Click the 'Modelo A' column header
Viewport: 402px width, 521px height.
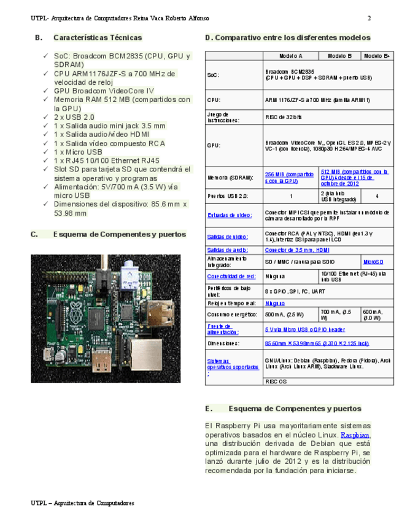pyautogui.click(x=290, y=56)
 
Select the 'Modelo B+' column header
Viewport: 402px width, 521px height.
pyautogui.click(x=377, y=56)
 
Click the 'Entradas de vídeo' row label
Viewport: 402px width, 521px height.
pyautogui.click(x=229, y=215)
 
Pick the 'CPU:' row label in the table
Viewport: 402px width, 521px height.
pyautogui.click(x=214, y=100)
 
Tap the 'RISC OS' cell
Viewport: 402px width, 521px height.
pyautogui.click(x=276, y=381)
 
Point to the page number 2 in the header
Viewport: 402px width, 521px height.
pyautogui.click(x=369, y=18)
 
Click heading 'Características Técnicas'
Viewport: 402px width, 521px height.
pyautogui.click(x=98, y=37)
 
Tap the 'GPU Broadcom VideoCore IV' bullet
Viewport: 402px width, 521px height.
pyautogui.click(x=104, y=91)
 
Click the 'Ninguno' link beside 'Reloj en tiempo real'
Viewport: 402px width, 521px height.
pyautogui.click(x=274, y=303)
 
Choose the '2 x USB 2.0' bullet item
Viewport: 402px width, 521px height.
pyautogui.click(x=74, y=117)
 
